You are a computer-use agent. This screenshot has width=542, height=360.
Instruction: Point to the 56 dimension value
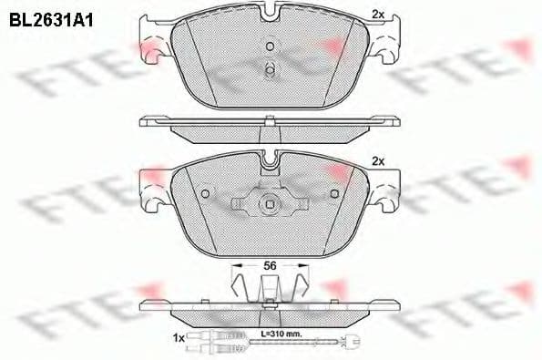click(x=270, y=264)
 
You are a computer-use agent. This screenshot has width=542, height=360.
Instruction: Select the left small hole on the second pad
click(x=206, y=193)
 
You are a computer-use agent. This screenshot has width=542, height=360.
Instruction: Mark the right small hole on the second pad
click(x=335, y=193)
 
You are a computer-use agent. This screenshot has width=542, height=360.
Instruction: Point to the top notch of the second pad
click(x=271, y=162)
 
